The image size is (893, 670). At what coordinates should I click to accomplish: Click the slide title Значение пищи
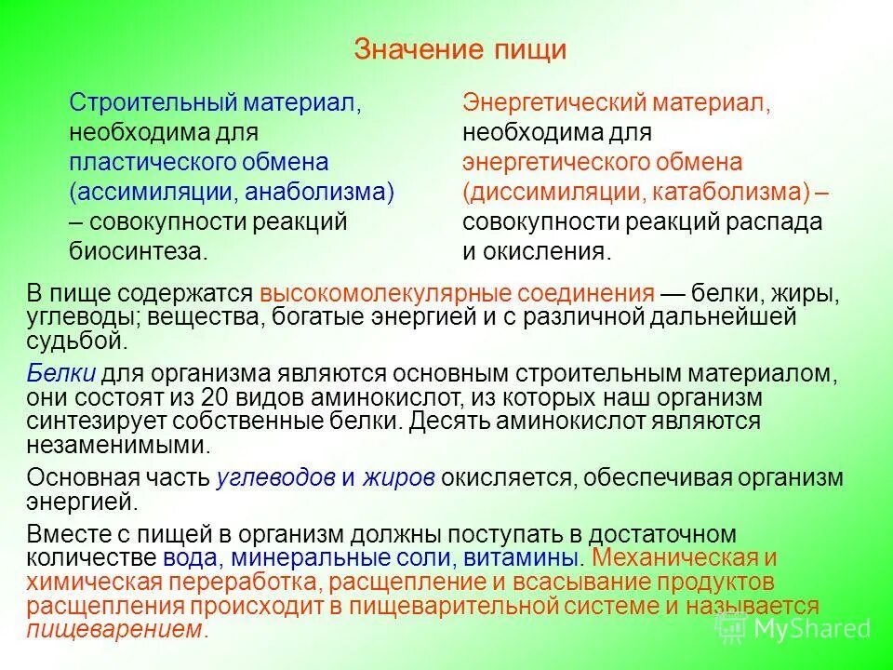click(460, 49)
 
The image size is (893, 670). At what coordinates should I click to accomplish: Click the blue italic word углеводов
click(274, 477)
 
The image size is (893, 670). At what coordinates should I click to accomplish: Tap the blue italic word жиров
click(398, 477)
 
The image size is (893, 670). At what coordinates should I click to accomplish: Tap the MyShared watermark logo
click(795, 627)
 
